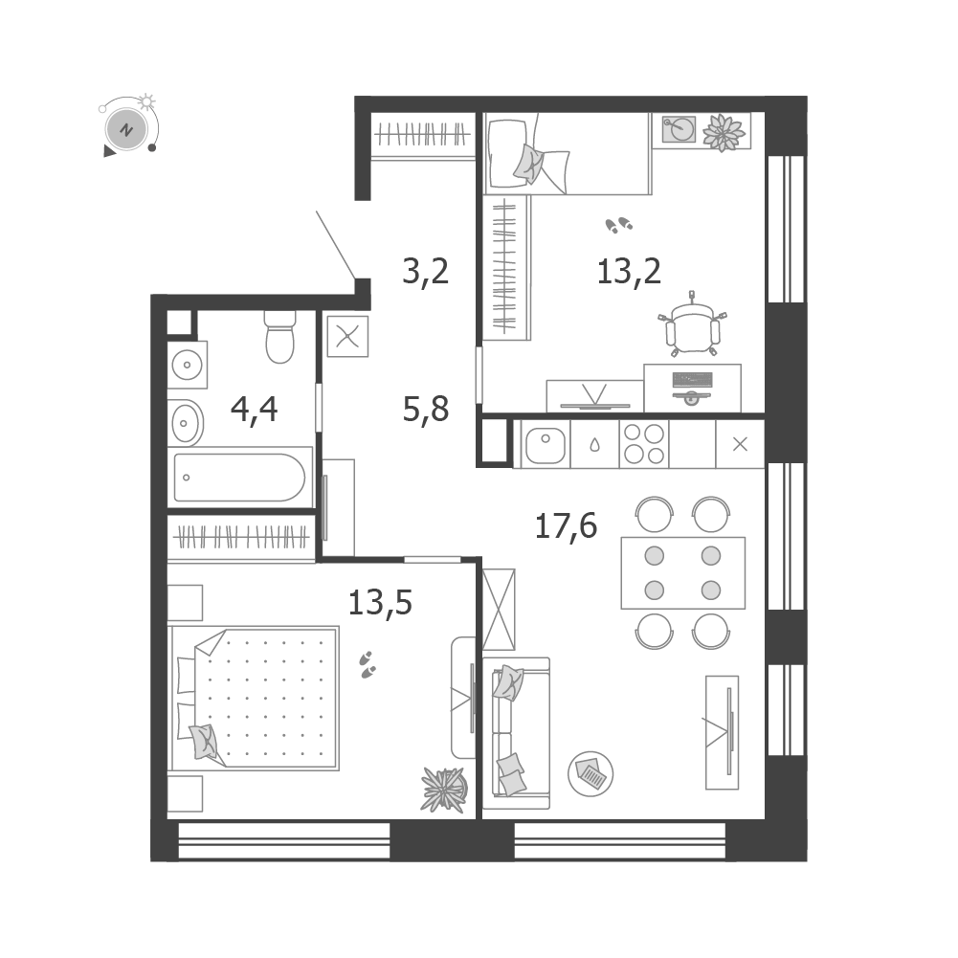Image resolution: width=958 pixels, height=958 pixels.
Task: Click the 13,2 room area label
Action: click(629, 271)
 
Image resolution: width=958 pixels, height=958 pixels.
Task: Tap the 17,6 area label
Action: click(566, 526)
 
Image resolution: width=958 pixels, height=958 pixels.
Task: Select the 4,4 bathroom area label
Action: click(254, 410)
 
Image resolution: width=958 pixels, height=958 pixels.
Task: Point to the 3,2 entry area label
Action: click(425, 271)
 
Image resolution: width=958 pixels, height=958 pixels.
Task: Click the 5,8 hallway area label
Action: click(425, 410)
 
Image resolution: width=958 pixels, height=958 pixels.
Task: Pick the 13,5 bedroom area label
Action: click(380, 602)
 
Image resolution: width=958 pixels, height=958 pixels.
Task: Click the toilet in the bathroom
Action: click(279, 337)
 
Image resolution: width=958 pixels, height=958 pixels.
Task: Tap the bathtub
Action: click(239, 478)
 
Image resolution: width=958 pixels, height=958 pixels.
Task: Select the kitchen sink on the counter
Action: click(545, 444)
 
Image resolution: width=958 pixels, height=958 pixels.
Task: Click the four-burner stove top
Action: click(644, 443)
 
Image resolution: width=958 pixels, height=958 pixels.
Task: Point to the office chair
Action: click(692, 327)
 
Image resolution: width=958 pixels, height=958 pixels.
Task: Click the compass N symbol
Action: click(126, 129)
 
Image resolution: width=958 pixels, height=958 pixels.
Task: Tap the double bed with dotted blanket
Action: click(255, 698)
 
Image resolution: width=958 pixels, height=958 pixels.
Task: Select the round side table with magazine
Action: click(590, 773)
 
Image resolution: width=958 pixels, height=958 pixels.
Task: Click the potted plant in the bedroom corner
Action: click(444, 790)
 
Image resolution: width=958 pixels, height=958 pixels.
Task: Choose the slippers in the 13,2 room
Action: click(619, 225)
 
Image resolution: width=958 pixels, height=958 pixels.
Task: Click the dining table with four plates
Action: click(683, 573)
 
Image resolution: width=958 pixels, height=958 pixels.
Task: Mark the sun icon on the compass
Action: click(146, 101)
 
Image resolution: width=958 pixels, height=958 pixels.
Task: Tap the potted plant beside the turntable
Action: click(724, 132)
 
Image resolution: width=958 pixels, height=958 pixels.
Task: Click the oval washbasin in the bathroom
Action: click(186, 423)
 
